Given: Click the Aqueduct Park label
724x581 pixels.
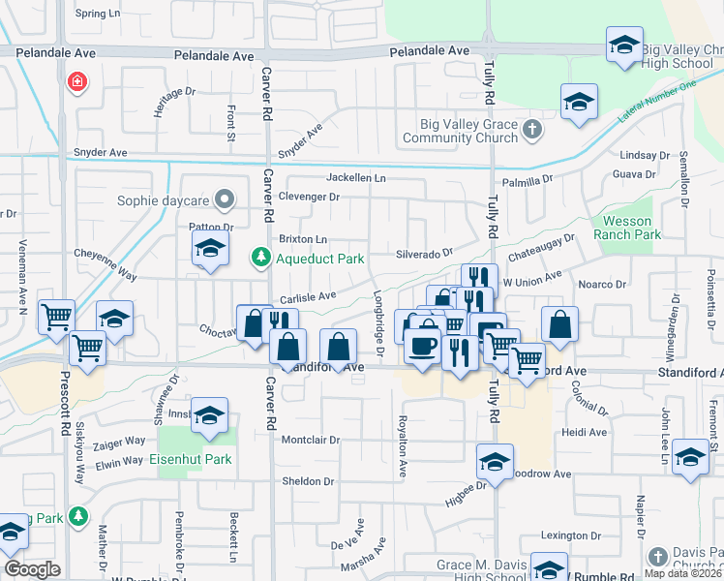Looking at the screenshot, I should click(319, 259).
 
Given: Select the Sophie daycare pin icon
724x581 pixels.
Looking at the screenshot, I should click(226, 201).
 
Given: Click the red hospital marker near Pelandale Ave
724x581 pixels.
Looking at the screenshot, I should click(75, 82).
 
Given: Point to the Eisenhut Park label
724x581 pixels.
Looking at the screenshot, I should click(191, 459).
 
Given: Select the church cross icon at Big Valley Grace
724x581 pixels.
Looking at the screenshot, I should click(531, 128).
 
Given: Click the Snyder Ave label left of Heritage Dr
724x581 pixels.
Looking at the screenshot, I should click(101, 153).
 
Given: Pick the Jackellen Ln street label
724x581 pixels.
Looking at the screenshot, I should click(355, 178).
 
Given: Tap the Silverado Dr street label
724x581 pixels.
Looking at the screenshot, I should click(424, 254).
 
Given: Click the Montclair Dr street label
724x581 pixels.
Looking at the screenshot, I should click(311, 440).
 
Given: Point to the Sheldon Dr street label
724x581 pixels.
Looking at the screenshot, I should click(307, 481).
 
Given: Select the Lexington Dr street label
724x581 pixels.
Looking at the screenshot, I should click(564, 535).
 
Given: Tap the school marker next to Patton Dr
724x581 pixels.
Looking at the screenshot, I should click(210, 248).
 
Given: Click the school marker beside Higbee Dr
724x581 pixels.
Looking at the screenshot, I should click(495, 462).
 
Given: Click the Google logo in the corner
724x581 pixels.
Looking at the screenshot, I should click(33, 569).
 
